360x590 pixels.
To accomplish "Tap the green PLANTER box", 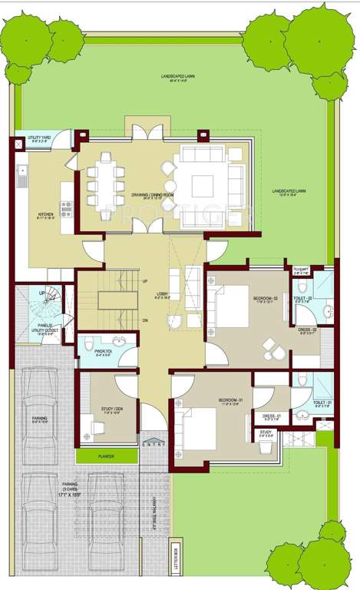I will pyautogui.click(x=107, y=455).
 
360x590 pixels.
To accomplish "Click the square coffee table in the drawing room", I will pyautogui.click(x=203, y=185).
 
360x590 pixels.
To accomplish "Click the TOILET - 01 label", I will pyautogui.click(x=322, y=403).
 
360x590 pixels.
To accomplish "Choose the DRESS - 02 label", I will pyautogui.click(x=307, y=330).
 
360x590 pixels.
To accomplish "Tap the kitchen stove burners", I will pyautogui.click(x=66, y=207).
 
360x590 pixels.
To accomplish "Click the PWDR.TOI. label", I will pyautogui.click(x=102, y=356).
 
